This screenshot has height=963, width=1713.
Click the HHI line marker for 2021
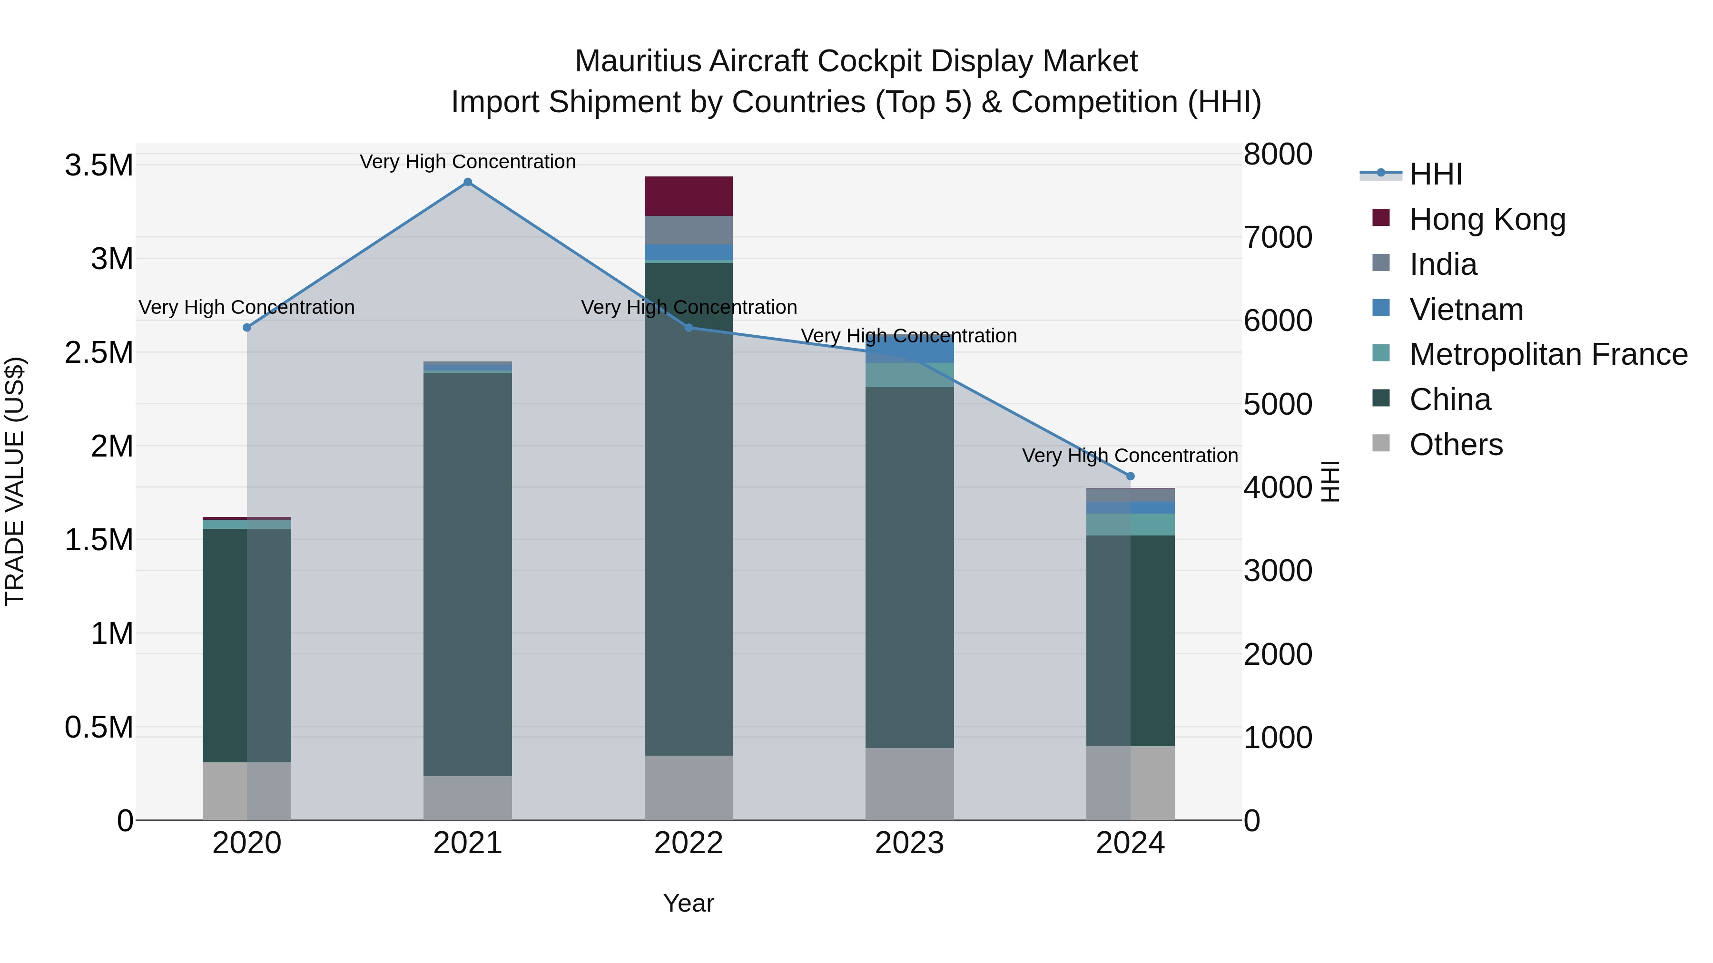coord(467,182)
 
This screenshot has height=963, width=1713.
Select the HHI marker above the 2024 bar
coord(1130,476)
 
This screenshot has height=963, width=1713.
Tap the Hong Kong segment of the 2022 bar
coord(688,196)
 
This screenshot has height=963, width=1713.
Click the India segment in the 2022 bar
coord(688,230)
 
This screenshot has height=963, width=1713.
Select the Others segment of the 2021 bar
coord(467,798)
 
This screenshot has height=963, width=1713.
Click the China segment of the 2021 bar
coord(467,572)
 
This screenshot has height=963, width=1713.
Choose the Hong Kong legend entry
coord(1487,219)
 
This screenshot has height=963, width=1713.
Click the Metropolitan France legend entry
coord(1548,354)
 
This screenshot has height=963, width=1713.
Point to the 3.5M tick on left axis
coord(99,165)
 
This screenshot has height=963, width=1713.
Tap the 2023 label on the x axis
coord(909,843)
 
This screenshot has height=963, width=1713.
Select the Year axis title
coord(688,903)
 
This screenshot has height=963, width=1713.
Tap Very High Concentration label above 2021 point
coord(467,162)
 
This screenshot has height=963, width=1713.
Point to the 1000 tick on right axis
coord(1278,737)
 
